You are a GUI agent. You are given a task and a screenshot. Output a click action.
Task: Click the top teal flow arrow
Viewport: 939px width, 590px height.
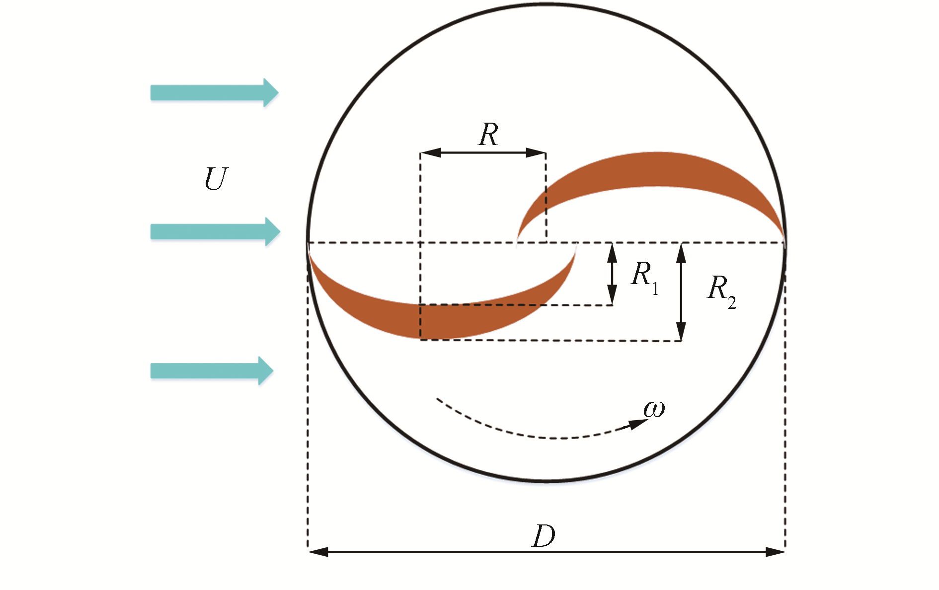(214, 93)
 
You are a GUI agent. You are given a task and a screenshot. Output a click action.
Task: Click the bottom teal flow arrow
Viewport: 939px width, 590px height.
(212, 370)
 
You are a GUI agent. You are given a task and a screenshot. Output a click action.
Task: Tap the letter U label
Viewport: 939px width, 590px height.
(216, 179)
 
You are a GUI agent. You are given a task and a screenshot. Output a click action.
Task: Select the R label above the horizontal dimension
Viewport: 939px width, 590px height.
(488, 135)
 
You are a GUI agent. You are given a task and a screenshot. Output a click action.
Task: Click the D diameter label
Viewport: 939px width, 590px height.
(544, 536)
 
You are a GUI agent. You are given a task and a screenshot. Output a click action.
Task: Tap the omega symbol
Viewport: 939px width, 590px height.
(654, 409)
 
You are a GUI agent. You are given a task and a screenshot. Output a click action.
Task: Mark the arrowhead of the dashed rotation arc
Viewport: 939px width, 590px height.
(638, 424)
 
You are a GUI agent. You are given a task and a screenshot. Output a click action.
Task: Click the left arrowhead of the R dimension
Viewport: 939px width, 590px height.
(430, 152)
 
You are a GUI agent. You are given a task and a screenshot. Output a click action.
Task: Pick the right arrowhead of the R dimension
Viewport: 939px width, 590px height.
(537, 152)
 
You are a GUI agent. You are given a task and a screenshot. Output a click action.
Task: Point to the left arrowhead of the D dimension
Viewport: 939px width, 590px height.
(318, 552)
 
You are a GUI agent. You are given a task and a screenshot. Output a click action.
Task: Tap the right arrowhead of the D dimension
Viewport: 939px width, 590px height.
(775, 552)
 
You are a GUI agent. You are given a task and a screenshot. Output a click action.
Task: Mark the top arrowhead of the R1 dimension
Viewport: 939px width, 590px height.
(612, 252)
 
